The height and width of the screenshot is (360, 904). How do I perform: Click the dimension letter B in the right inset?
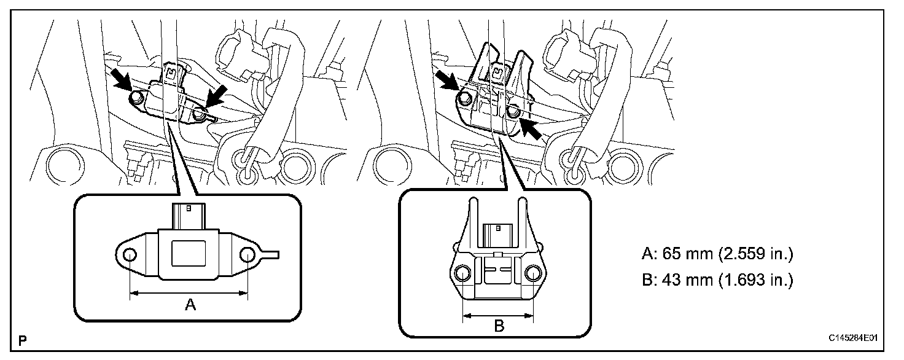499,326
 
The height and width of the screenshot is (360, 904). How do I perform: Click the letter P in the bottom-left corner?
23,339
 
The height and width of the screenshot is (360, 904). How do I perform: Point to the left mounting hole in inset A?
130,254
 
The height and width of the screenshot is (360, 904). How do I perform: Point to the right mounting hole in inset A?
248,254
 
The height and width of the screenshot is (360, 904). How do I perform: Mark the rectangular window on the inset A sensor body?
189,253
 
